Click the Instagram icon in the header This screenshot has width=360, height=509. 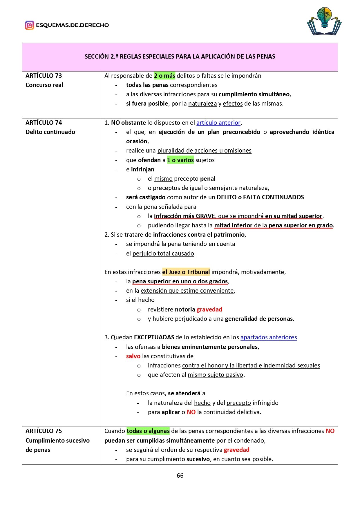[29, 25]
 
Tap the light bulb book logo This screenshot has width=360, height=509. [324, 21]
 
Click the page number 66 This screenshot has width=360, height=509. [180, 475]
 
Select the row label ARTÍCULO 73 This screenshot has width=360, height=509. [44, 76]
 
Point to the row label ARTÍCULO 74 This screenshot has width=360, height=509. [44, 123]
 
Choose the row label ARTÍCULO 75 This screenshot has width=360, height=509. [44, 431]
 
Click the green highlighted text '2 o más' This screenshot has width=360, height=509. [164, 76]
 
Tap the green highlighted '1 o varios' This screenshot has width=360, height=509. [180, 160]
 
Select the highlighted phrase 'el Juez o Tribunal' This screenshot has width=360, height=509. [186, 272]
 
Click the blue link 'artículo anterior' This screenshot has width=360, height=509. [218, 123]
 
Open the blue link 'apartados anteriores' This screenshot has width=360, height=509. [268, 337]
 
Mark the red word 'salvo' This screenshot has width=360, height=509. [133, 356]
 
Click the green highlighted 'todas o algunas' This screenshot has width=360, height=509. [148, 431]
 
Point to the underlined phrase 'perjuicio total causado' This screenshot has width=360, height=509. [163, 253]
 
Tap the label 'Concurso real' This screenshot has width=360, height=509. [44, 85]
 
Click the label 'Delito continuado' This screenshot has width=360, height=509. [50, 132]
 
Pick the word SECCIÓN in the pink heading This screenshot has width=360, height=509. [97, 57]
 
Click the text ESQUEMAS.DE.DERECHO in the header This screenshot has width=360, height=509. [72, 25]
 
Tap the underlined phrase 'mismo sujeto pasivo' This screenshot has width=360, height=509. [215, 375]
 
